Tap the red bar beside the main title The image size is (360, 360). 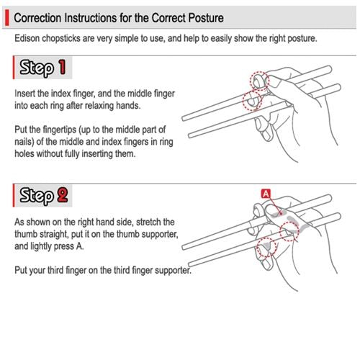(9, 16)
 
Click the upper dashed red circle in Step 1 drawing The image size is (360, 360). (260, 81)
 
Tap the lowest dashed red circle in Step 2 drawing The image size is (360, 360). (268, 247)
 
